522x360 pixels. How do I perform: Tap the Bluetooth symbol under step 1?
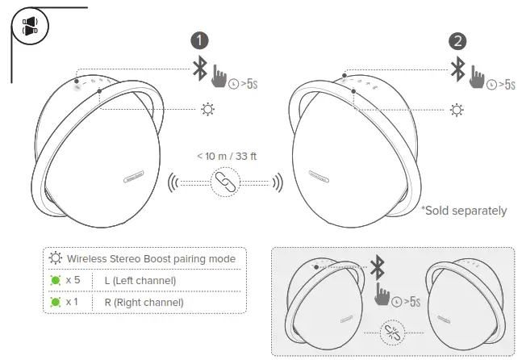pyautogui.click(x=199, y=69)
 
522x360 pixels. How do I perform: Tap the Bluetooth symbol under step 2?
pyautogui.click(x=458, y=69)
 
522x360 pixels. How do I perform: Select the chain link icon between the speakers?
pyautogui.click(x=220, y=182)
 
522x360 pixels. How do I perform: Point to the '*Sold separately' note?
pyautogui.click(x=464, y=211)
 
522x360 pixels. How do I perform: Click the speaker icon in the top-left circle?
pyautogui.click(x=30, y=26)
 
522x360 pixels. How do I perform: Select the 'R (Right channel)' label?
pyautogui.click(x=144, y=302)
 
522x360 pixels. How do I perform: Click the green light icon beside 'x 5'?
pyautogui.click(x=56, y=280)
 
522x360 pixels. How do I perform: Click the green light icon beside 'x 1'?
pyautogui.click(x=56, y=302)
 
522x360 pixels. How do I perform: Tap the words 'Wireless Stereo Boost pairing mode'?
pyautogui.click(x=151, y=258)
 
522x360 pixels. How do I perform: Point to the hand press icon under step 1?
pyautogui.click(x=219, y=78)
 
